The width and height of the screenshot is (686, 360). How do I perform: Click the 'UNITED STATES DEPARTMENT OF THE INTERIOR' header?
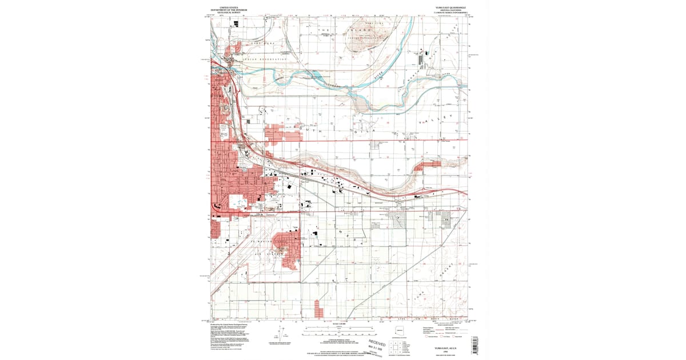pos(225,9)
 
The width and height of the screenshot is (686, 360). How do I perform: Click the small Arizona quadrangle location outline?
pos(400,331)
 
